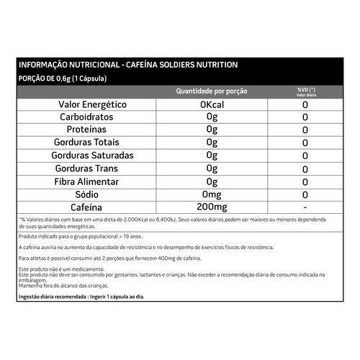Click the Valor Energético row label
pos(92,105)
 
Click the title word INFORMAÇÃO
pos(44,66)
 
